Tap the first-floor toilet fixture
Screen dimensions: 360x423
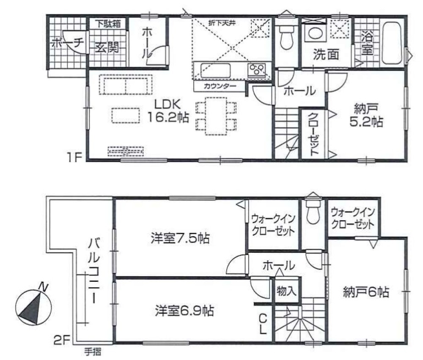(x=287, y=38)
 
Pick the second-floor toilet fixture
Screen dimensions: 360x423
(x=313, y=213)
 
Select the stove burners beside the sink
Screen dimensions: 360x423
(x=258, y=70)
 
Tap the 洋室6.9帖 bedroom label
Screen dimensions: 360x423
(x=184, y=311)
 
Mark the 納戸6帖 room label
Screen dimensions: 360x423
(x=366, y=292)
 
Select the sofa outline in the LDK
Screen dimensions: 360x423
(x=126, y=86)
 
